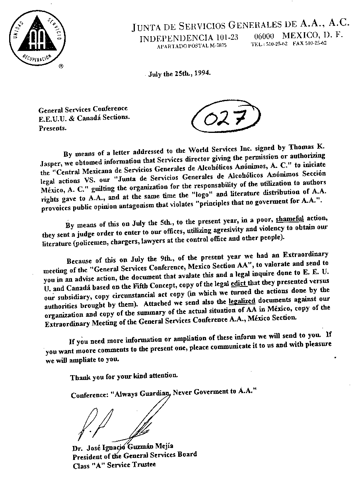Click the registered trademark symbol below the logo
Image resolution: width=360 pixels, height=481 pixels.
[61, 66]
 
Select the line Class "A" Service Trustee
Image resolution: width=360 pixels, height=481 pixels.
[114, 464]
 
